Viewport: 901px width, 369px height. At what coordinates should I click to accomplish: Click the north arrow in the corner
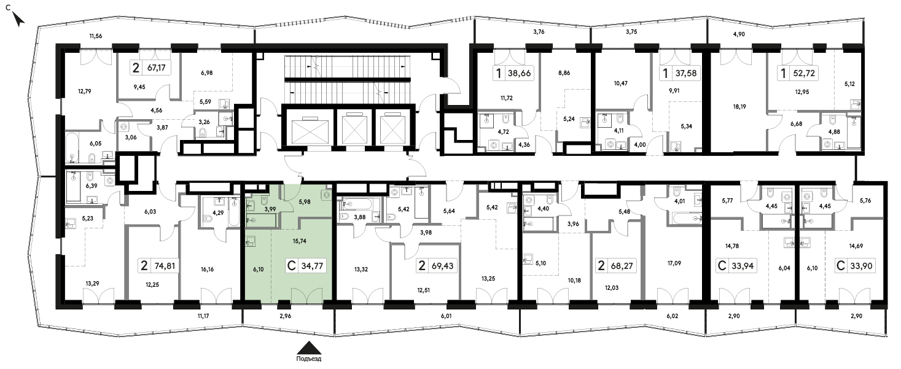coord(18,19)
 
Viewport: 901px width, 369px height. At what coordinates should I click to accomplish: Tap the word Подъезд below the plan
coord(309,359)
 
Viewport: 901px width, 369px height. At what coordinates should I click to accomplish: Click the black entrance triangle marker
coord(309,348)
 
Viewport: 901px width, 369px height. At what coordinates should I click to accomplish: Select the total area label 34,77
coord(312,266)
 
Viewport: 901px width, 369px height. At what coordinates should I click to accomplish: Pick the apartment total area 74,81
coord(165,266)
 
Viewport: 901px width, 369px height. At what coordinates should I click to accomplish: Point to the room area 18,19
coord(739,106)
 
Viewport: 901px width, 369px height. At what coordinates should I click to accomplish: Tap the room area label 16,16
coord(207,270)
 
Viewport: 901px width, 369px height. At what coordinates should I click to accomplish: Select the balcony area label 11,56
coord(96,36)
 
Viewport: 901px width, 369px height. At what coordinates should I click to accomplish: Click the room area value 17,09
coord(674,263)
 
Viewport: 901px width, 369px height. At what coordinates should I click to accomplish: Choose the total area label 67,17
coord(157,68)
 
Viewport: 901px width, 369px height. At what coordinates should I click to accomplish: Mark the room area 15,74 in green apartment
coord(299,241)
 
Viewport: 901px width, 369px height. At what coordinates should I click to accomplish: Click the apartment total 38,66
coord(520,74)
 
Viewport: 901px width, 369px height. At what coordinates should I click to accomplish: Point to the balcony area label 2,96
coord(285,316)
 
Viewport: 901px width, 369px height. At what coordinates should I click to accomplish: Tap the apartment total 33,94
coord(743,266)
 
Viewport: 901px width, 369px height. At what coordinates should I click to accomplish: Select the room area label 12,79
coord(85,91)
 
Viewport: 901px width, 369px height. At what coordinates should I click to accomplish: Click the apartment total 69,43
coord(442,266)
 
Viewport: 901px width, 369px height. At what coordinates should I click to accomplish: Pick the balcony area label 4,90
coord(739,34)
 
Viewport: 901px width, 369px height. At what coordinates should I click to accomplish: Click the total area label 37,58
coord(686,74)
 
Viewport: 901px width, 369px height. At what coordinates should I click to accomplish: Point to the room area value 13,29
coord(92,284)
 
